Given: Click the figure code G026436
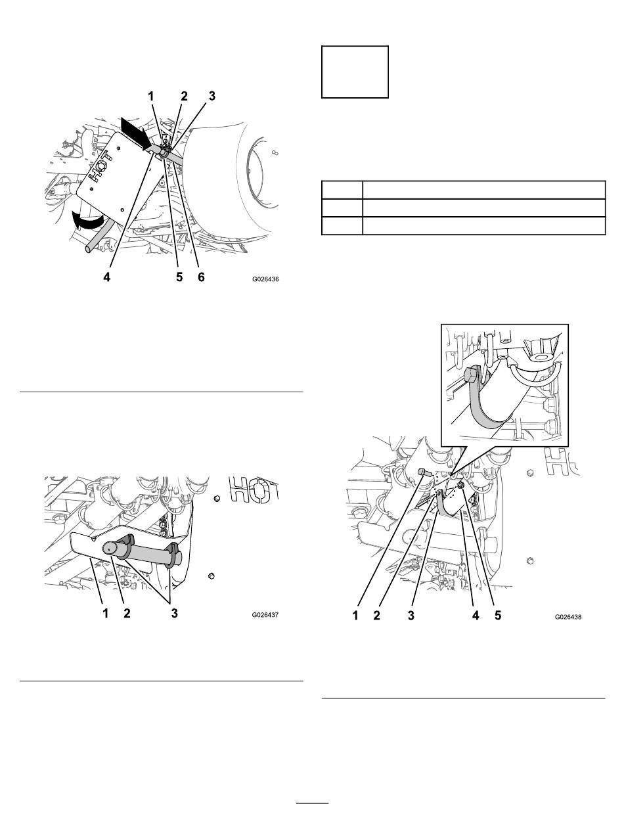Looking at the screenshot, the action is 265,279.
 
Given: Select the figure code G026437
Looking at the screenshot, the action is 265,614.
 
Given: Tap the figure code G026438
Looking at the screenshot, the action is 568,617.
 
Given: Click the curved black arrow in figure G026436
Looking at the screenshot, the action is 88,222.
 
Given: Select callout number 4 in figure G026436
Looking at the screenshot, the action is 107,277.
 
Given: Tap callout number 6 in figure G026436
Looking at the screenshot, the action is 201,277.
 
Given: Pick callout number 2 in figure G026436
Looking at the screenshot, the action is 184,97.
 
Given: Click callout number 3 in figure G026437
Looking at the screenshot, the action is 174,613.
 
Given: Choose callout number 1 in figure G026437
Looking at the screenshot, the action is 106,613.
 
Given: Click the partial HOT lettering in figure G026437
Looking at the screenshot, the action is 254,489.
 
